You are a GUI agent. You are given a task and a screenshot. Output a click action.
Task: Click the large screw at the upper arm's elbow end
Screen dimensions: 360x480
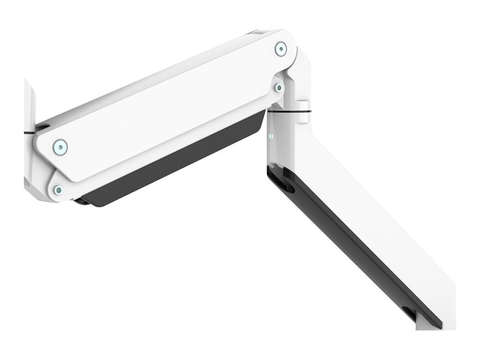pyautogui.click(x=281, y=48)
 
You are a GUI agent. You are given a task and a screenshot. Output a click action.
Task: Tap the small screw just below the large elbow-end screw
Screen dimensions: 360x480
pyautogui.click(x=278, y=87)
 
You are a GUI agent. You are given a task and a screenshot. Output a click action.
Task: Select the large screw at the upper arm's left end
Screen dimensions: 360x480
pyautogui.click(x=60, y=147)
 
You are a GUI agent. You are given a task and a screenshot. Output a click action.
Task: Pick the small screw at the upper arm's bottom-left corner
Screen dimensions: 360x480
pyautogui.click(x=58, y=189)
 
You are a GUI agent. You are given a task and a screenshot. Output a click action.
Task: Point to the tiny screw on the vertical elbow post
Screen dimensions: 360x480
pyautogui.click(x=271, y=136)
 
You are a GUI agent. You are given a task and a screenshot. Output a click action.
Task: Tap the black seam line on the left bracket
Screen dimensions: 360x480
pyautogui.click(x=29, y=133)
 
